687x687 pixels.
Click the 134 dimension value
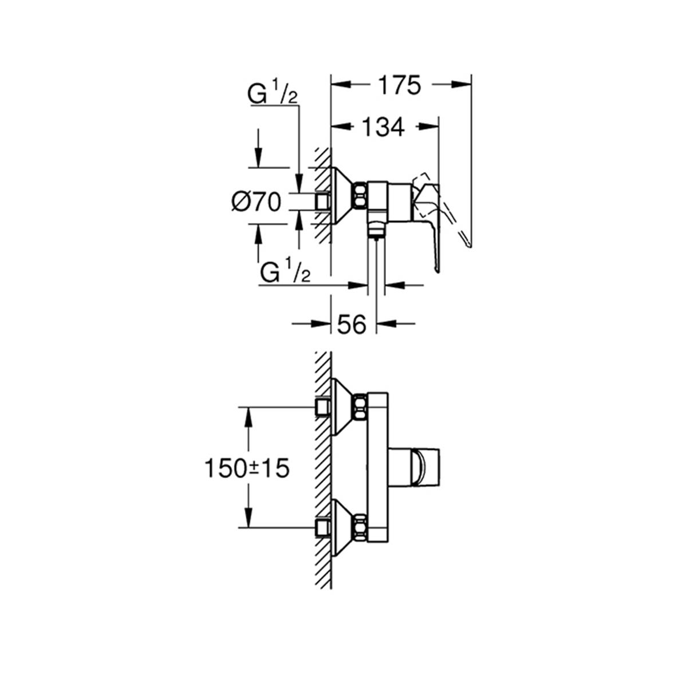tap(383, 127)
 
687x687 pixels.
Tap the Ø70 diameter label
tap(256, 203)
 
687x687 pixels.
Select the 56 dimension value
tap(352, 325)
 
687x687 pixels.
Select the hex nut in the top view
tap(361, 195)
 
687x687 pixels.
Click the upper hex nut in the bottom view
tap(361, 408)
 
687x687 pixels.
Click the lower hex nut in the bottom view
tap(361, 528)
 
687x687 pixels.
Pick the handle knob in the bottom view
tap(425, 468)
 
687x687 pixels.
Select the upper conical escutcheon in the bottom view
tap(342, 408)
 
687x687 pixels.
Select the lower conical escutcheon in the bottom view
tap(342, 528)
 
